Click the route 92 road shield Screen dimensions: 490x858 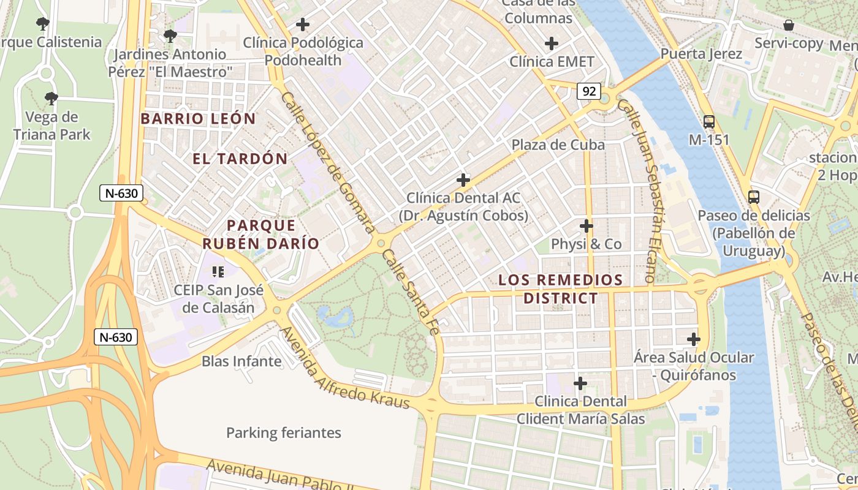[x=589, y=91]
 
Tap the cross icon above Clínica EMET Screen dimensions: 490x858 [x=552, y=43]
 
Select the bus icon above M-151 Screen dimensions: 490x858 [x=709, y=121]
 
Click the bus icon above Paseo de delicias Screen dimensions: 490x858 [x=754, y=197]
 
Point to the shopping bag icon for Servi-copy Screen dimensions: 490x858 [x=788, y=25]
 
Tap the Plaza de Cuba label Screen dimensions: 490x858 [x=558, y=145]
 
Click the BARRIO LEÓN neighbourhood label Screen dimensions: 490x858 [x=198, y=119]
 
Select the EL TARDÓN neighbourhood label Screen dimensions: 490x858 [x=240, y=159]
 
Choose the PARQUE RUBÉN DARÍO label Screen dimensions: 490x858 [x=261, y=235]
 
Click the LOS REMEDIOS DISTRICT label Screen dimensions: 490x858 [x=560, y=289]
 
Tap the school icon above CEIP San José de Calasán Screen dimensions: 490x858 [x=218, y=271]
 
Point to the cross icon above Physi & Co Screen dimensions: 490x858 [x=587, y=226]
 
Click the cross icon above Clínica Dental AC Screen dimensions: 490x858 [x=463, y=180]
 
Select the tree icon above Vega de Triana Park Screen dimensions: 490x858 [x=51, y=98]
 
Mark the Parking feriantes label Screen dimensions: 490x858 [x=284, y=433]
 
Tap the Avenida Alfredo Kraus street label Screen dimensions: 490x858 [x=344, y=368]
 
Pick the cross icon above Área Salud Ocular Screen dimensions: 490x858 [x=694, y=339]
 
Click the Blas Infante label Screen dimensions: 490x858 [x=241, y=361]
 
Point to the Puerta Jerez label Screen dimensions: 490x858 [x=701, y=54]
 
